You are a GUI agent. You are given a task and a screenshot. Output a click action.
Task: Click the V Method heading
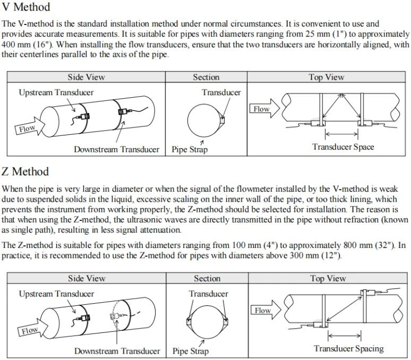(x=25, y=6)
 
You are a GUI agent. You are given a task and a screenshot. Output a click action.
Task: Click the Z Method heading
(x=25, y=172)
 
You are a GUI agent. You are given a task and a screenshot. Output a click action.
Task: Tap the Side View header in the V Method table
(x=86, y=77)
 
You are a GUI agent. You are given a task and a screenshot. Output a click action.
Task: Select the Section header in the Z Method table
(x=207, y=278)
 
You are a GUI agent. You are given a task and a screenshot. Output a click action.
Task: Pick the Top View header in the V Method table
(x=327, y=77)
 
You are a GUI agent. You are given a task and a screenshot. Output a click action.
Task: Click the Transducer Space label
(x=343, y=147)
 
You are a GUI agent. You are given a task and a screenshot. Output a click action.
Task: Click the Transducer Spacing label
(x=349, y=348)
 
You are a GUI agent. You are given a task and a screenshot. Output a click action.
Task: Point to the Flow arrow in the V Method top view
(x=264, y=109)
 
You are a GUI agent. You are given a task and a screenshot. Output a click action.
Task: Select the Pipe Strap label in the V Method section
(x=190, y=149)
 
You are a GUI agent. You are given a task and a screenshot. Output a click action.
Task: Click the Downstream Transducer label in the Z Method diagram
(x=117, y=351)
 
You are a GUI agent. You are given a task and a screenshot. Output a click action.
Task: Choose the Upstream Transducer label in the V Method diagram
(x=56, y=92)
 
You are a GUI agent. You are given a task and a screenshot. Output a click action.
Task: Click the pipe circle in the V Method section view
(x=187, y=121)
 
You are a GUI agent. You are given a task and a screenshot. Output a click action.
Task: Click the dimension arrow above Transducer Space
(x=341, y=134)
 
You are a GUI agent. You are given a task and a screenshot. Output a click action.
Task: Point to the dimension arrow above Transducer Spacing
(x=345, y=336)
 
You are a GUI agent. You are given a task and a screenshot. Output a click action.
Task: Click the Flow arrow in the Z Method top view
(x=266, y=310)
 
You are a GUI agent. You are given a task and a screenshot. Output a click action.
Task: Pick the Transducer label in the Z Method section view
(x=208, y=294)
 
